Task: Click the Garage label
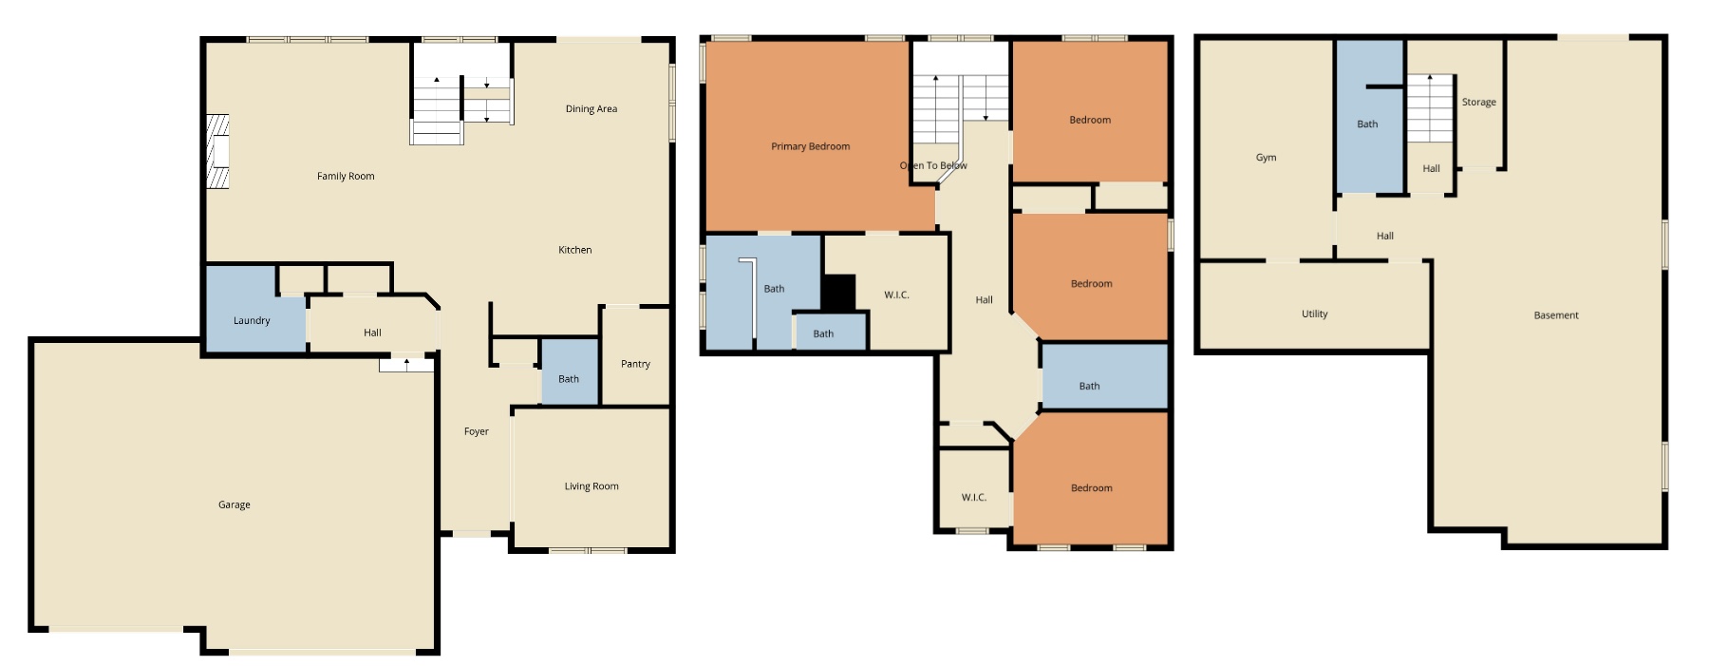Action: (x=235, y=504)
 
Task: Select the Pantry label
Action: (x=635, y=364)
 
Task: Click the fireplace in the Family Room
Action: (x=218, y=152)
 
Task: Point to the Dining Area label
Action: (x=591, y=109)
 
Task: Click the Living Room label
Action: (x=591, y=486)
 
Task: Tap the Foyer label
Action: (x=476, y=431)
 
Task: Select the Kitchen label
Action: (x=574, y=250)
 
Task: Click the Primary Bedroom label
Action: (x=810, y=146)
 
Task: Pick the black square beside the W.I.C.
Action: (x=838, y=292)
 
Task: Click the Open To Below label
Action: (x=933, y=165)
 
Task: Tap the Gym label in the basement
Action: (x=1266, y=158)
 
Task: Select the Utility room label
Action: (x=1314, y=314)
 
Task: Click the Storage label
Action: (x=1478, y=103)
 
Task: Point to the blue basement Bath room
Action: (x=1367, y=124)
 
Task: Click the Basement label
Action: (x=1555, y=315)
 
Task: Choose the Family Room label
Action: (x=346, y=176)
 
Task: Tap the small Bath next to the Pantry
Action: (x=569, y=379)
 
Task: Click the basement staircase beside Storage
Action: (x=1430, y=108)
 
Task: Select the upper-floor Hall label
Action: (x=984, y=300)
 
